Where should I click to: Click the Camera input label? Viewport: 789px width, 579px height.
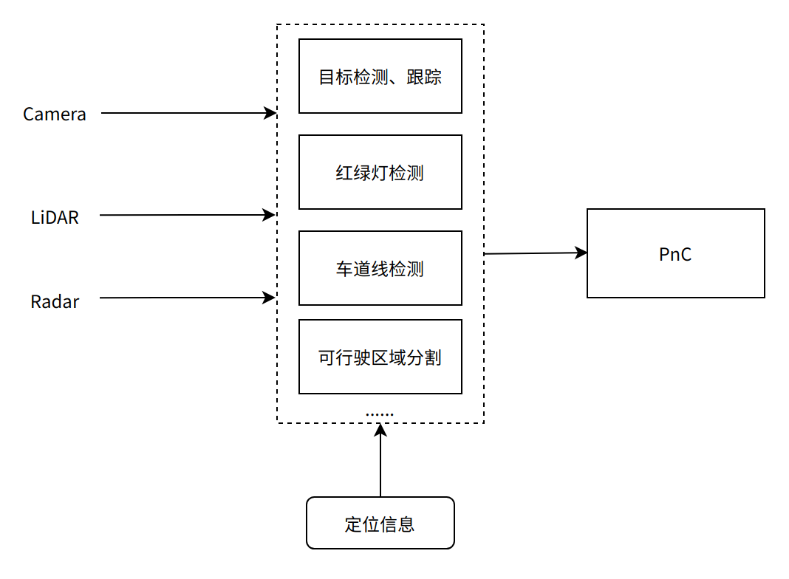pyautogui.click(x=55, y=114)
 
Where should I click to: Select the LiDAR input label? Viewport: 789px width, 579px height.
pyautogui.click(x=55, y=217)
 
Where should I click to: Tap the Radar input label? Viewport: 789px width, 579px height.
pyautogui.click(x=55, y=302)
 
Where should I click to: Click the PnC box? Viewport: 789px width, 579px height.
pyautogui.click(x=675, y=253)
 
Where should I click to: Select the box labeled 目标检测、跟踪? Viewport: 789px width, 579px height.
pyautogui.click(x=380, y=76)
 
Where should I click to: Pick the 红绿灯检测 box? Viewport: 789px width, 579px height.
pyautogui.click(x=380, y=172)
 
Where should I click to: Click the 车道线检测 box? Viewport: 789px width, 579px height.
pyautogui.click(x=380, y=268)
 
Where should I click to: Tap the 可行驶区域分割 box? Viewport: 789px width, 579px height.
pyautogui.click(x=380, y=357)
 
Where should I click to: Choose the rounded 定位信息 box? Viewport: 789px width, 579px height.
pyautogui.click(x=380, y=523)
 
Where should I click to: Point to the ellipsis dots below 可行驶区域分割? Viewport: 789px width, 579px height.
pyautogui.click(x=380, y=414)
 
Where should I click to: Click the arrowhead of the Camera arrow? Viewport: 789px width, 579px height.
pyautogui.click(x=270, y=113)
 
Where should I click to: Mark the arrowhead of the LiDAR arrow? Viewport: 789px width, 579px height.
pyautogui.click(x=270, y=215)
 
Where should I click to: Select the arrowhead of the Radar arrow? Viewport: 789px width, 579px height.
pyautogui.click(x=270, y=298)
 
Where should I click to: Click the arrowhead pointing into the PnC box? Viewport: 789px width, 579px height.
pyautogui.click(x=581, y=253)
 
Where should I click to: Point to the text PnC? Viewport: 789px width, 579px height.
pyautogui.click(x=675, y=255)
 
